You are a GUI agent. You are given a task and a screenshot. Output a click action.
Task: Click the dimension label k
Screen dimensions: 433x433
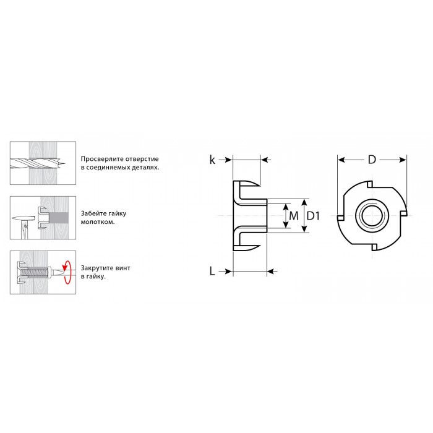tap(212, 160)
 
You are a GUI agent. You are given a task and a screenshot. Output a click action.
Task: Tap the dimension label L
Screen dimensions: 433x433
tap(212, 271)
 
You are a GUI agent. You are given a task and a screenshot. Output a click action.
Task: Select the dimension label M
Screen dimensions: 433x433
tap(294, 216)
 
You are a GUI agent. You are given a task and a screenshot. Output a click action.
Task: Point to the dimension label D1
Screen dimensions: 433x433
tap(313, 216)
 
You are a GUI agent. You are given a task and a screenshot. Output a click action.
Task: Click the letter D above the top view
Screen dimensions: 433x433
tap(372, 160)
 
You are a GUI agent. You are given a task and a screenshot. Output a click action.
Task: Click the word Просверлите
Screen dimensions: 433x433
tap(102, 159)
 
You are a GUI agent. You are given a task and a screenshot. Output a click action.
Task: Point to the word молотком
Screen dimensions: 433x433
tap(93, 222)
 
